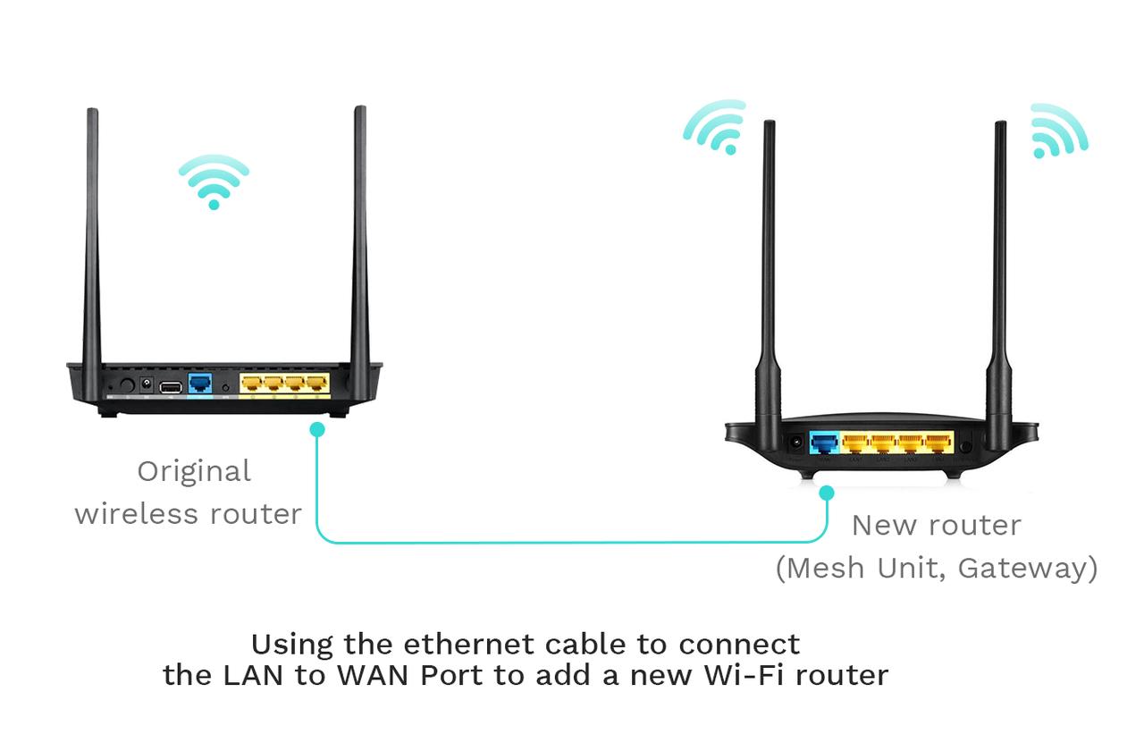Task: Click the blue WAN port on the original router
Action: click(x=200, y=383)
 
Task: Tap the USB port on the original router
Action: click(x=171, y=387)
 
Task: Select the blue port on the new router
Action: click(x=824, y=443)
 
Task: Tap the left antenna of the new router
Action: click(x=769, y=286)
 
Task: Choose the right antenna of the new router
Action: click(x=1000, y=286)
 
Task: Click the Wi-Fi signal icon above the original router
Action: click(x=214, y=181)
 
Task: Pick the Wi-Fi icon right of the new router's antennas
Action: click(x=1059, y=131)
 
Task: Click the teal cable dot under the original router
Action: click(x=317, y=429)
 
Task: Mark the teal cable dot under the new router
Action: click(x=827, y=493)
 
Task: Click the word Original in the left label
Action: click(x=194, y=471)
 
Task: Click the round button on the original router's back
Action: click(x=127, y=384)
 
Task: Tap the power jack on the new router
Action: click(x=795, y=443)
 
